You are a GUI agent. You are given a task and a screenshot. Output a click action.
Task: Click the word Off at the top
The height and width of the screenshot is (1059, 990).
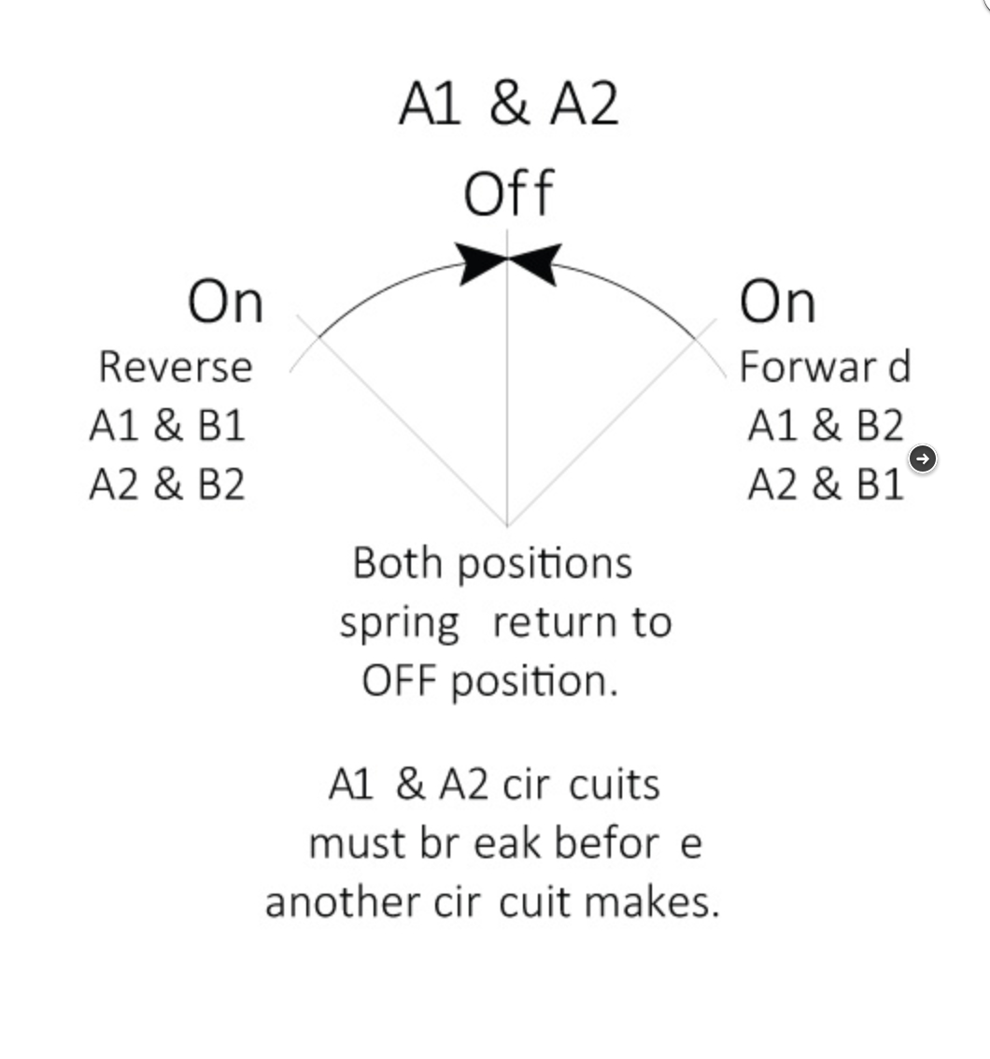(509, 193)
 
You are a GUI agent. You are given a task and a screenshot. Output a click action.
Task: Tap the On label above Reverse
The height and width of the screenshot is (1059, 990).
(226, 302)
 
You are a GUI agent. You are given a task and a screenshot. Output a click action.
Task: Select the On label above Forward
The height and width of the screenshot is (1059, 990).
(778, 302)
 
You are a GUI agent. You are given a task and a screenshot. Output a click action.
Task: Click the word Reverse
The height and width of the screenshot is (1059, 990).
(176, 367)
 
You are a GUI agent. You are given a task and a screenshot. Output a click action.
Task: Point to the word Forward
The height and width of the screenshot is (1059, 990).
(826, 367)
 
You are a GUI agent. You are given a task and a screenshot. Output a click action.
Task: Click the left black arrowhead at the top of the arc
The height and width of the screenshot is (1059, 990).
(481, 263)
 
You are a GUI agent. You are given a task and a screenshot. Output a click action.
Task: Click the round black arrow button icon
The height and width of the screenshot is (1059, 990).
(923, 459)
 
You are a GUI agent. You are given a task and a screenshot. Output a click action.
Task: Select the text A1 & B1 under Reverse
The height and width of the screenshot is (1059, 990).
(167, 426)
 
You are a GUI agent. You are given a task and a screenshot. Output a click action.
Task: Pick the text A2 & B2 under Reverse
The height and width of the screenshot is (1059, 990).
(167, 485)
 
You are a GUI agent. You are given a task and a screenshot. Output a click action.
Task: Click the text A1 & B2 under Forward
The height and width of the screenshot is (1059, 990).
(826, 426)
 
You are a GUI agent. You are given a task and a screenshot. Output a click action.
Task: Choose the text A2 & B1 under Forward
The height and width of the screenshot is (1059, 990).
(826, 485)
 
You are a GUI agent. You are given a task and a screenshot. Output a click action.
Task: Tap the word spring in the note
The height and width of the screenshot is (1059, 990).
(400, 624)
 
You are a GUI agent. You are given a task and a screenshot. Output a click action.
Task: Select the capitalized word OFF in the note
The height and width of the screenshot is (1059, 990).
(399, 681)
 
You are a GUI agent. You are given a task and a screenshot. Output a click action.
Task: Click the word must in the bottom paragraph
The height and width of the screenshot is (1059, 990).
(358, 844)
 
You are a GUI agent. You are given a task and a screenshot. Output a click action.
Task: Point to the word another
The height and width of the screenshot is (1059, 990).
(343, 902)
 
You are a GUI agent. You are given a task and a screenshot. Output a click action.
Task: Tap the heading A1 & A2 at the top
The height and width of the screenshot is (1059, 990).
(509, 104)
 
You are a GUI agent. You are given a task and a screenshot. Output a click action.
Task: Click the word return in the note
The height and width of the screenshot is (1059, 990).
(555, 623)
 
